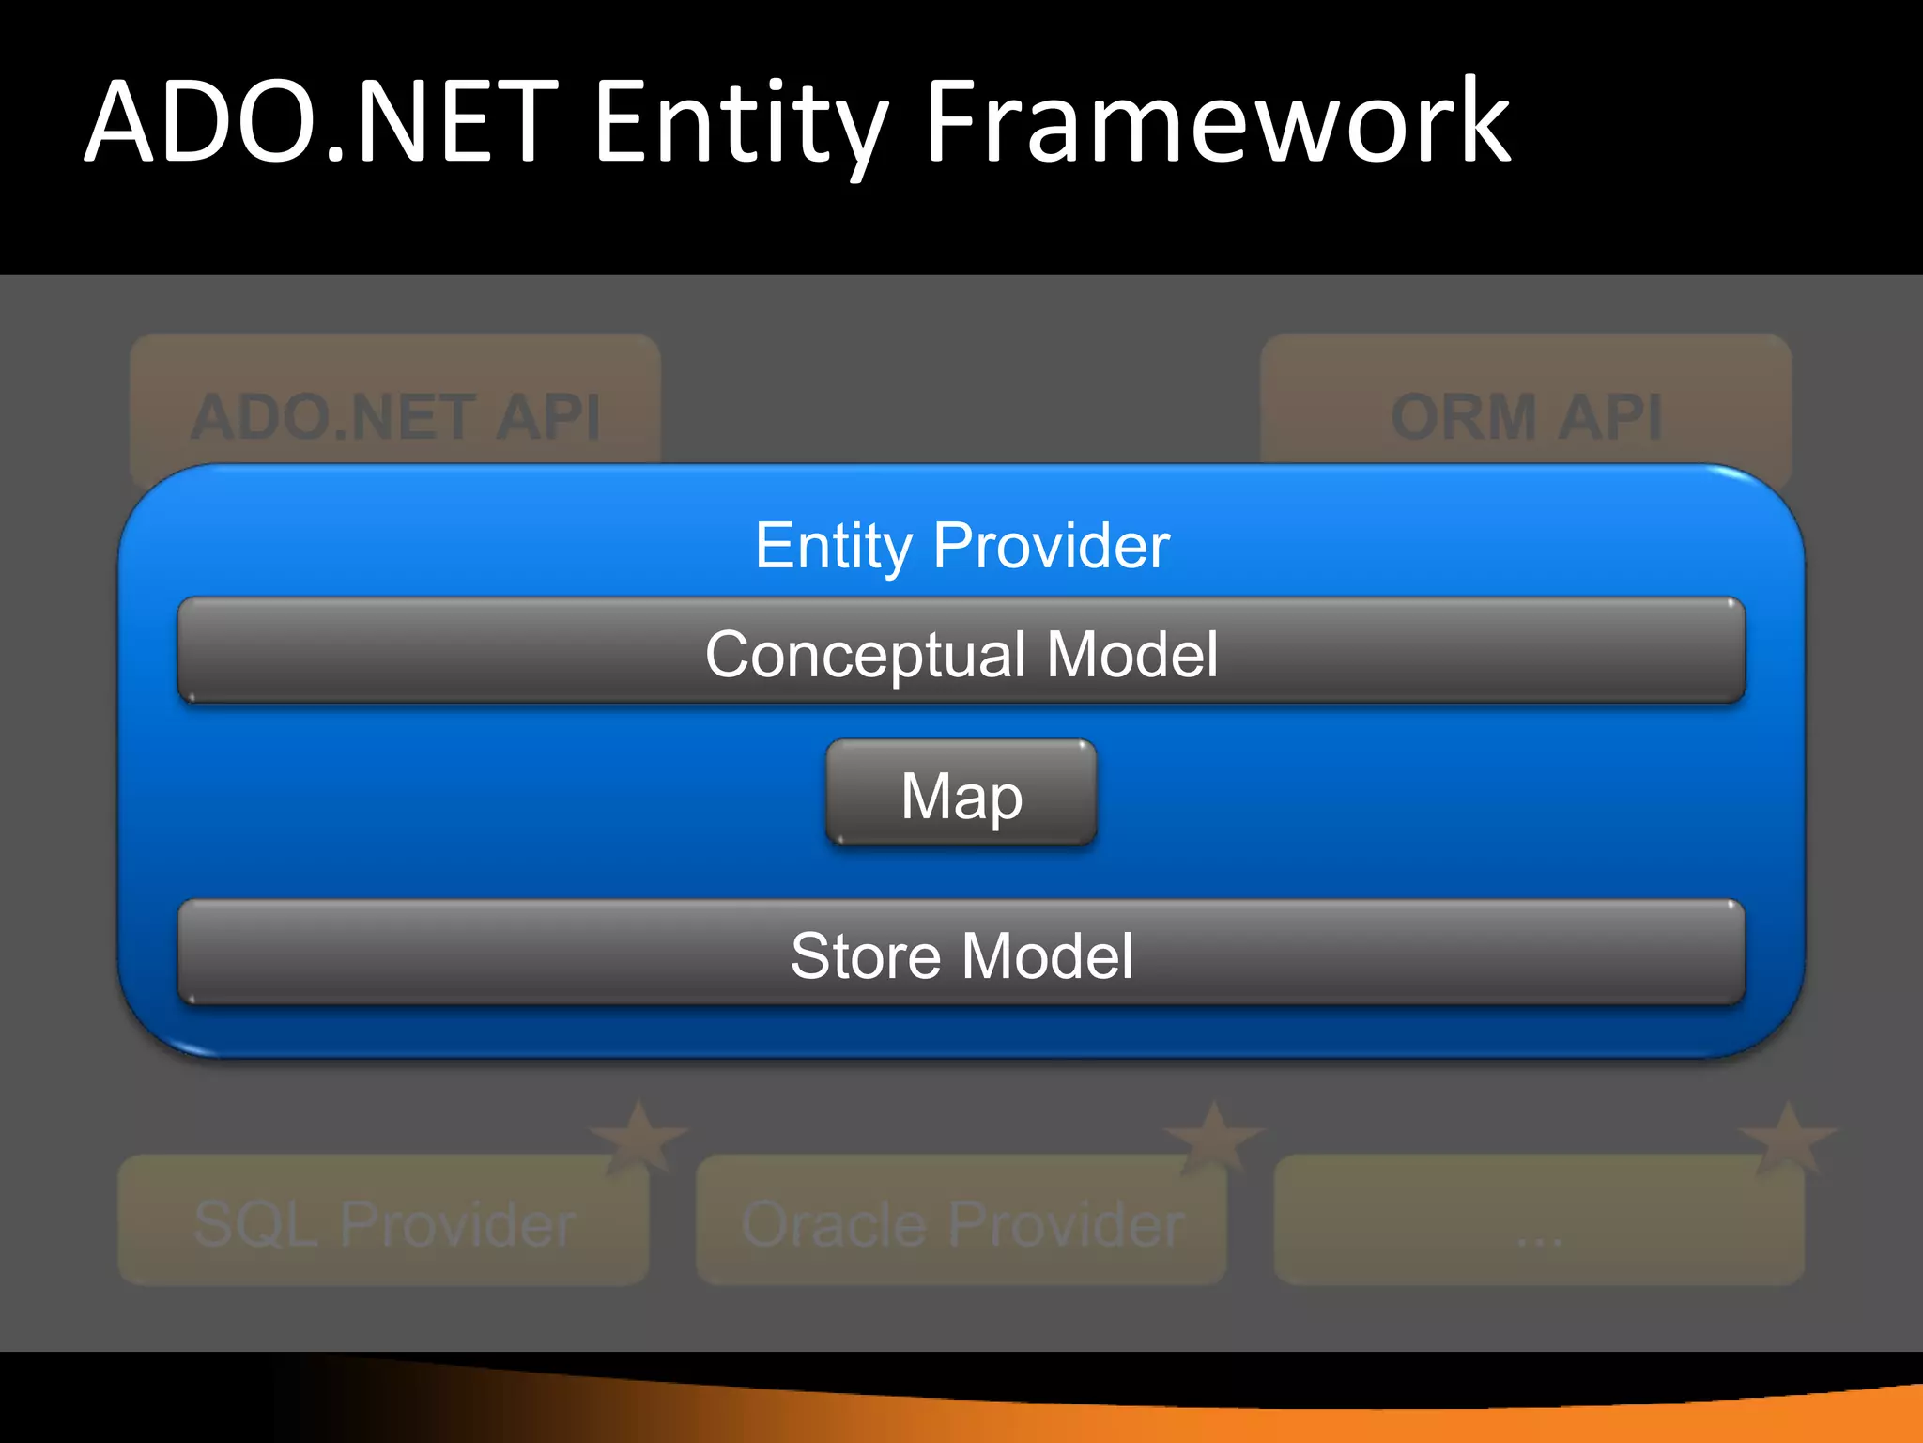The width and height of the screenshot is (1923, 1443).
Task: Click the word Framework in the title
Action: tap(1218, 122)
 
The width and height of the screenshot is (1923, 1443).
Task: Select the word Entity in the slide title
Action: tap(742, 122)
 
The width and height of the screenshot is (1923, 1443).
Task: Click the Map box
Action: tap(961, 793)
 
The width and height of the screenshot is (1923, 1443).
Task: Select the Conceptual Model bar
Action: tap(961, 650)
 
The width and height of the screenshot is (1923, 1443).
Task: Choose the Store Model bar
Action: tap(961, 953)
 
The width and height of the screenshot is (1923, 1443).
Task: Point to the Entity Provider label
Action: tap(961, 545)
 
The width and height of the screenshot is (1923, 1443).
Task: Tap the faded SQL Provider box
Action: tap(383, 1221)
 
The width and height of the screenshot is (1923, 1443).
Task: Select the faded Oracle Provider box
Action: tap(961, 1221)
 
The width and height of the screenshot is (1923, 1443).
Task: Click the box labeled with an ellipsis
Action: tap(1539, 1221)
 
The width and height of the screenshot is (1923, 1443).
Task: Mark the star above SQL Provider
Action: tap(639, 1137)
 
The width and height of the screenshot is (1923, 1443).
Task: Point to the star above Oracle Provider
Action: tap(1214, 1137)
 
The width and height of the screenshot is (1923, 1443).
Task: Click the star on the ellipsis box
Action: tap(1788, 1137)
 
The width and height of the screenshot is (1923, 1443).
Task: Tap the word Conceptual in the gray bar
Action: tap(865, 654)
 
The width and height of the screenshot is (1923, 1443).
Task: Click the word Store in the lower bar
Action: tap(865, 956)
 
